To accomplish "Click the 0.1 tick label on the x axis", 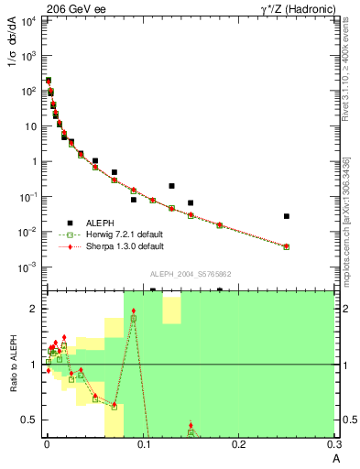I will click(143, 446).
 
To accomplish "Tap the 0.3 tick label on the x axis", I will click(335, 446).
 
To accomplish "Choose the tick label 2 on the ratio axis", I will click(34, 309).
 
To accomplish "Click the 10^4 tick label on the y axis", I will click(28, 20).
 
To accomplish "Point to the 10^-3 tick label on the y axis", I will click(28, 267).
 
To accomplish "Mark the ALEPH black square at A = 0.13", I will click(171, 186).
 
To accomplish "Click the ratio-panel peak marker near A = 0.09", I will click(134, 311).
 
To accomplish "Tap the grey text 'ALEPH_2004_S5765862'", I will click(191, 275).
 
